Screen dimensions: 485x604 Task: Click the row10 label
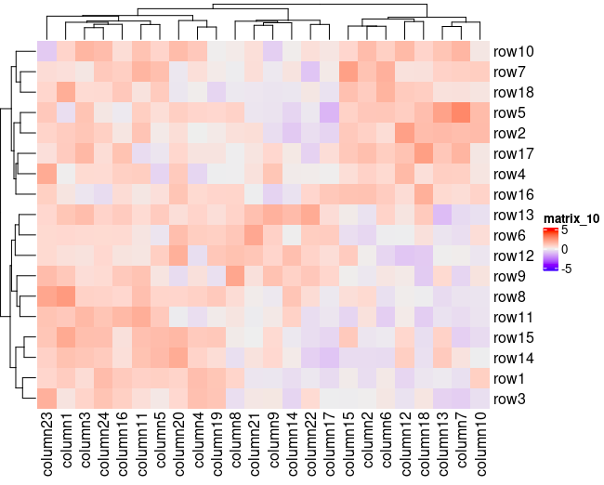(514, 52)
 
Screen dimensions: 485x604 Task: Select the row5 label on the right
(510, 113)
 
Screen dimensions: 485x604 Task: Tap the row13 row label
(514, 216)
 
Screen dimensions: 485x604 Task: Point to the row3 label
(510, 400)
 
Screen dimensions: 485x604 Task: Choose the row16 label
(514, 195)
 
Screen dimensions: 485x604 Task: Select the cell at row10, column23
(46, 52)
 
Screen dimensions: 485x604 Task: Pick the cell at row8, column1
(65, 297)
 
